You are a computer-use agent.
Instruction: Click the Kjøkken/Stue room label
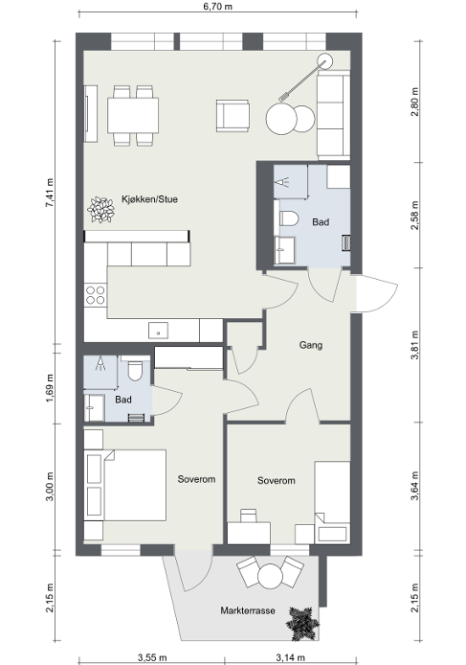pyautogui.click(x=149, y=199)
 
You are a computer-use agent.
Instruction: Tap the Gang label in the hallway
pyautogui.click(x=311, y=345)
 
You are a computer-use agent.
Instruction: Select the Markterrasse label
pyautogui.click(x=248, y=610)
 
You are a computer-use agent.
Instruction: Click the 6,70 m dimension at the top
pyautogui.click(x=218, y=7)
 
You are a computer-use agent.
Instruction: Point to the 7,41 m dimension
pyautogui.click(x=50, y=193)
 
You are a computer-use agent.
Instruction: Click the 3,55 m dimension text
pyautogui.click(x=152, y=657)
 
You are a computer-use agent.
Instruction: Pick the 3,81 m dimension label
pyautogui.click(x=414, y=345)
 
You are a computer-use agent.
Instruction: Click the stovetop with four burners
pyautogui.click(x=96, y=295)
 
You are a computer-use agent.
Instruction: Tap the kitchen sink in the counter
pyautogui.click(x=158, y=331)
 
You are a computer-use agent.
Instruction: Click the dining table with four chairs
pyautogui.click(x=133, y=115)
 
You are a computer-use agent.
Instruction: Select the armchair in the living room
pyautogui.click(x=233, y=115)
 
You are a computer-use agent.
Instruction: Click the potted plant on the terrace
pyautogui.click(x=301, y=624)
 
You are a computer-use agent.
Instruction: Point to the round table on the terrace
pyautogui.click(x=270, y=576)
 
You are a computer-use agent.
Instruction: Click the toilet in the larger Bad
pyautogui.click(x=289, y=218)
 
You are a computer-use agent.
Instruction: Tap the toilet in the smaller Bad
pyautogui.click(x=136, y=371)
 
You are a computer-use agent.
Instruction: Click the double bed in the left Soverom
pyautogui.click(x=135, y=485)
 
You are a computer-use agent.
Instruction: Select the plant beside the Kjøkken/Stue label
pyautogui.click(x=100, y=210)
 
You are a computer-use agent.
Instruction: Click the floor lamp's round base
pyautogui.click(x=325, y=61)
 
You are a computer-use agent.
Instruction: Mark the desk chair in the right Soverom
pyautogui.click(x=249, y=516)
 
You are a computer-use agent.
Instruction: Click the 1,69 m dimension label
pyautogui.click(x=50, y=388)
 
